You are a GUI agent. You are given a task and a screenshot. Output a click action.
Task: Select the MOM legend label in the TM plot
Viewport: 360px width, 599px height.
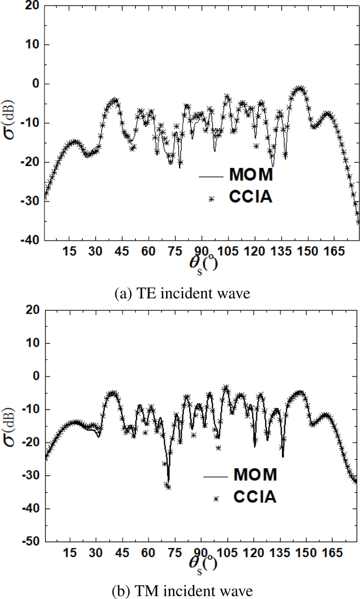click(255, 474)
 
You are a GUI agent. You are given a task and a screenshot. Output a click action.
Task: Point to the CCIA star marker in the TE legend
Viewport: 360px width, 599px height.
click(211, 198)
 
